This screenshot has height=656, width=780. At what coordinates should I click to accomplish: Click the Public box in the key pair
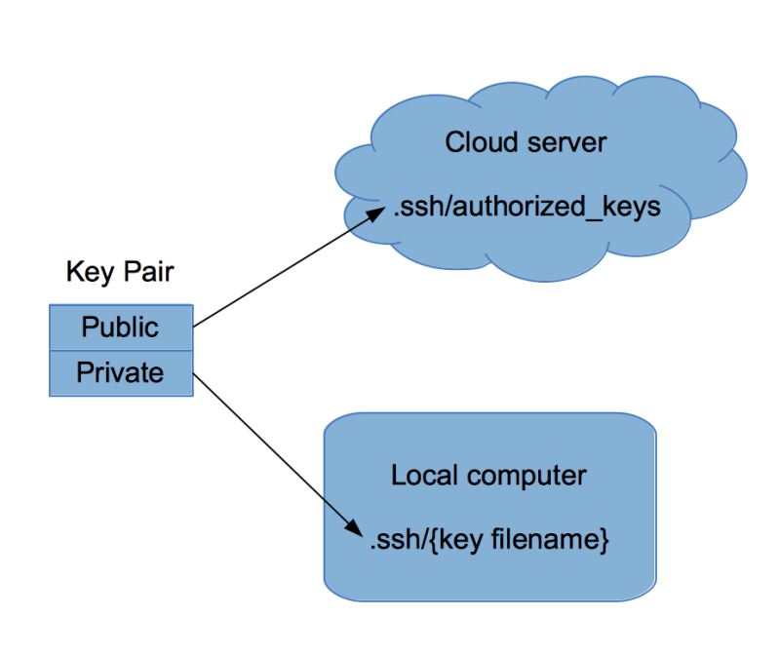(x=121, y=327)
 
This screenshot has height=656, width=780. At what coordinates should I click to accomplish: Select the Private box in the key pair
(x=121, y=372)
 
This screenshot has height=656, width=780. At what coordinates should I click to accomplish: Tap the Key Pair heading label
(x=120, y=271)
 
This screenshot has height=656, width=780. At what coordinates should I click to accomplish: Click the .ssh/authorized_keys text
(x=526, y=207)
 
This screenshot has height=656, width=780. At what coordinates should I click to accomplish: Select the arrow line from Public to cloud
(x=283, y=272)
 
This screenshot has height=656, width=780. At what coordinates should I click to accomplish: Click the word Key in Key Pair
(x=85, y=271)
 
